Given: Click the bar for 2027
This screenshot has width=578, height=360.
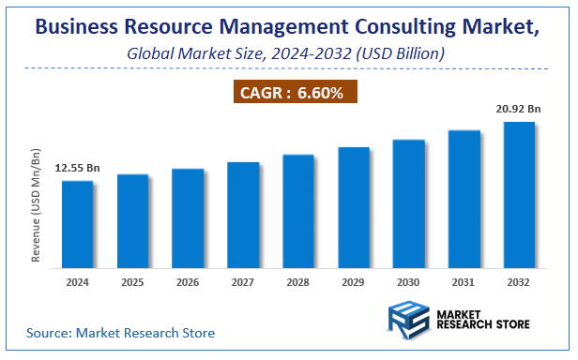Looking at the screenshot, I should tap(243, 215).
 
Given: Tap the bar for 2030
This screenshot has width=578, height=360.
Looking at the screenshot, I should tap(408, 203).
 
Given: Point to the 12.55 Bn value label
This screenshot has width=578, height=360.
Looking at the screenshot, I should tap(78, 168).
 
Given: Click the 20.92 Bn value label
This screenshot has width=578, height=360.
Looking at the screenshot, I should tap(519, 110).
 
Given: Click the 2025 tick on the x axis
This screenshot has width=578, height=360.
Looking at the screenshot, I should tap(133, 282).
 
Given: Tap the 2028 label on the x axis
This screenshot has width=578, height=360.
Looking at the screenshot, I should tap(298, 282).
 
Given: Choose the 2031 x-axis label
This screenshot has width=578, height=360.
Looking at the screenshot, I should tap(464, 282).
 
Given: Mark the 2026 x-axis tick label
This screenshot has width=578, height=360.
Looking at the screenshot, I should tap(188, 282).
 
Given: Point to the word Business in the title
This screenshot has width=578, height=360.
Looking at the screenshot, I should tap(78, 27).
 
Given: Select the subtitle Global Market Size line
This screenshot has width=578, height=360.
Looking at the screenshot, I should tap(285, 53).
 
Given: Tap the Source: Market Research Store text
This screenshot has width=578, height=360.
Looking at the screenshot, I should tap(120, 333).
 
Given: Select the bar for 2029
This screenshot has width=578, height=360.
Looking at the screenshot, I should tap(354, 207).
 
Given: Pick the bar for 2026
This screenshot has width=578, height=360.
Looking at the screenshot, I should tap(188, 218).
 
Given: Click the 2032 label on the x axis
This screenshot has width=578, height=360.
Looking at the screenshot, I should tap(519, 282).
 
